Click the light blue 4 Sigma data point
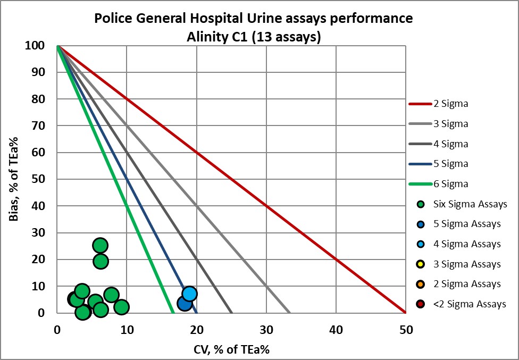pos(189,294)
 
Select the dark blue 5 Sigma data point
pos(185,303)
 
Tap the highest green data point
pos(100,245)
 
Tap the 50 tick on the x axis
pos(406,330)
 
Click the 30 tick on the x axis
pos(266,330)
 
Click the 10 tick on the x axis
pos(127,330)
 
